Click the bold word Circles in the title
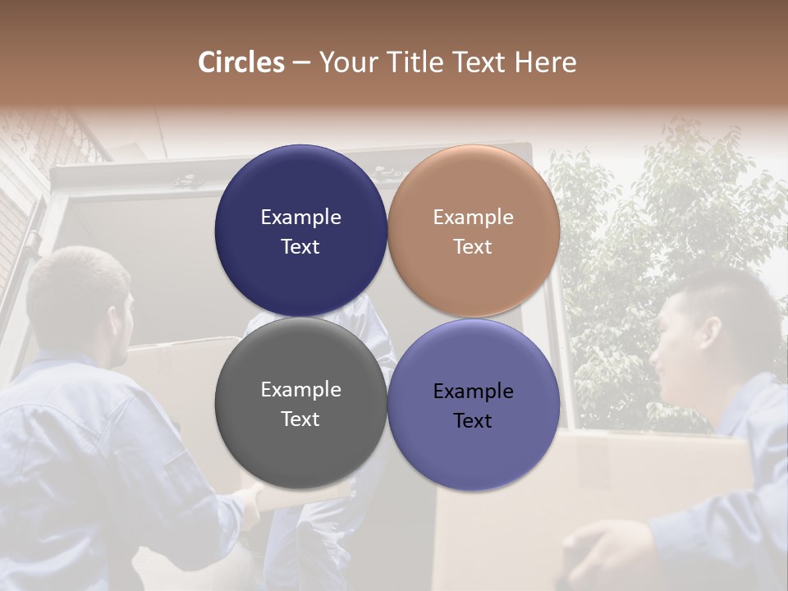241,62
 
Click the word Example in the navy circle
300,218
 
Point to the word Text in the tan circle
473,247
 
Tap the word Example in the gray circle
300,390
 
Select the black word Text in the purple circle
473,421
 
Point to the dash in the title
301,63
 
